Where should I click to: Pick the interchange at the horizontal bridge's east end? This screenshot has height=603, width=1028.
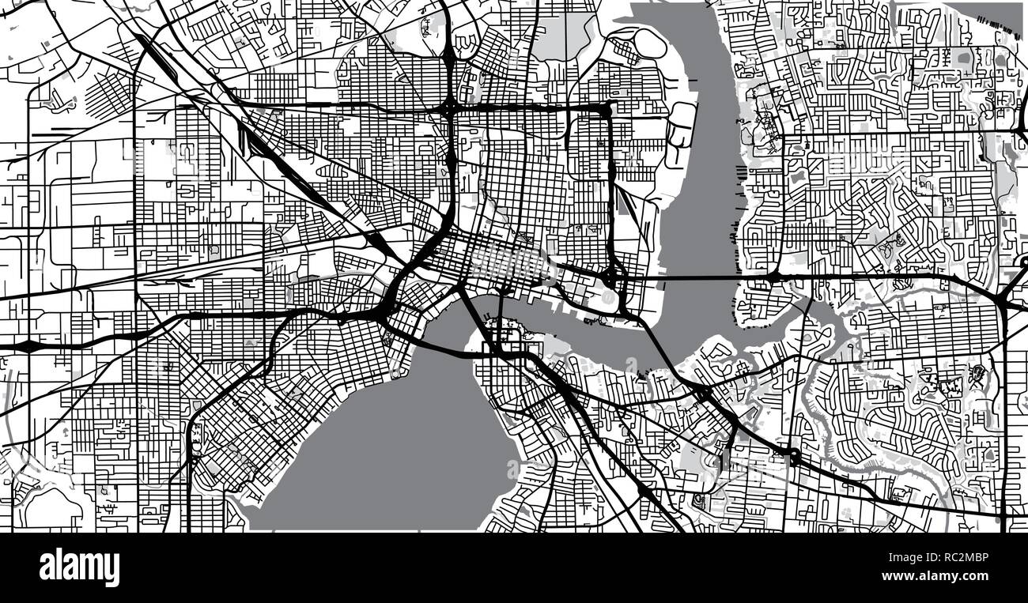(x=773, y=277)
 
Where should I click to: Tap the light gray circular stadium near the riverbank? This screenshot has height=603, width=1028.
(x=607, y=299)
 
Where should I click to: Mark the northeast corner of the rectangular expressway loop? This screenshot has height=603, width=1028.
(x=608, y=108)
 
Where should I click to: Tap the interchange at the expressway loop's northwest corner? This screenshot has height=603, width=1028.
(x=449, y=107)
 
